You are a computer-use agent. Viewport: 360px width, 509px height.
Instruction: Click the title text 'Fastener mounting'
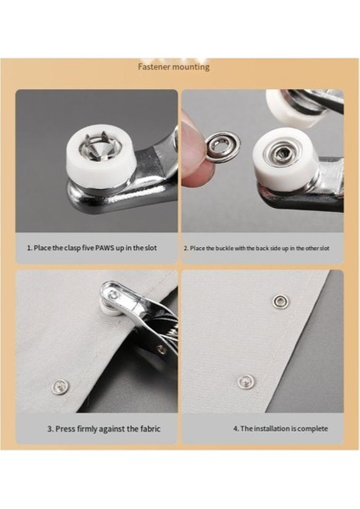point(174,67)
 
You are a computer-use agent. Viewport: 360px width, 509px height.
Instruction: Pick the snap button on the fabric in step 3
point(59,387)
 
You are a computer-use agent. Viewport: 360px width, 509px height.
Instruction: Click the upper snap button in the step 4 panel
point(278,300)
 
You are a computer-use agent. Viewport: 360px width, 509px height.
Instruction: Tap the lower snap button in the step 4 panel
point(245,381)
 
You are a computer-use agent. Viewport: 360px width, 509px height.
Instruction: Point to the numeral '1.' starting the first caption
point(29,248)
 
